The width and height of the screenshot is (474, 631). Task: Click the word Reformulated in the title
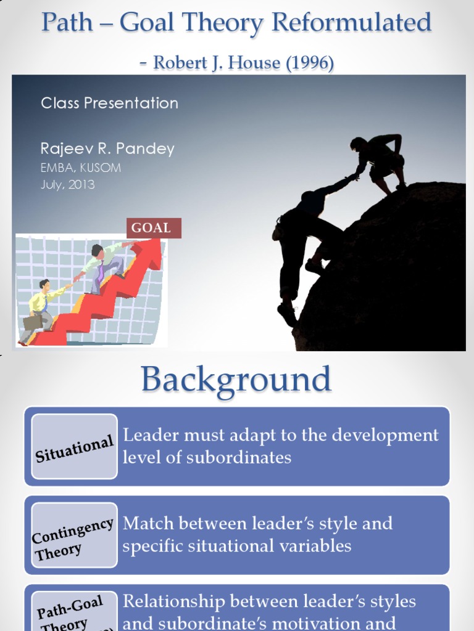coord(351,23)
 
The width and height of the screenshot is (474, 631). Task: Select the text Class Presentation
coord(109,103)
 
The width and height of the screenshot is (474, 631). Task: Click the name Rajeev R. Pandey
coord(107,149)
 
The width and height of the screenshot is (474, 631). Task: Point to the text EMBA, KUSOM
coord(81,168)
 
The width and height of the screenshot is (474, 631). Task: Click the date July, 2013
coord(68,184)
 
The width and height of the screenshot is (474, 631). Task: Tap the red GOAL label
coord(151,228)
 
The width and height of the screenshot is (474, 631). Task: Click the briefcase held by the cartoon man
coord(32,322)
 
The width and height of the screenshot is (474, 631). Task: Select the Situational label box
coord(74,447)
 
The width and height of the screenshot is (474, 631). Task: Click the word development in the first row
coord(387,435)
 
